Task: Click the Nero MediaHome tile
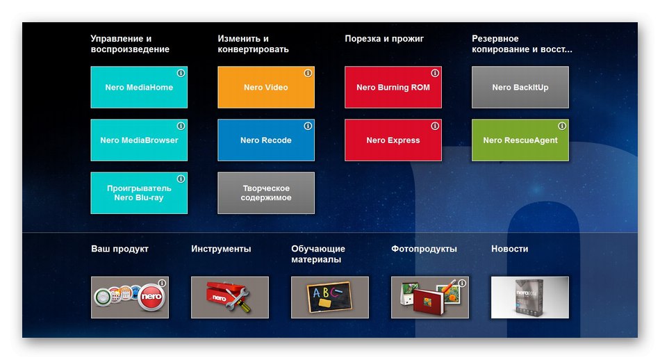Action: (x=139, y=87)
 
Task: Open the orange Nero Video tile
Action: (x=266, y=87)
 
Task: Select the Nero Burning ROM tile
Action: (x=393, y=87)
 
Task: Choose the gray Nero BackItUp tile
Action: (x=520, y=87)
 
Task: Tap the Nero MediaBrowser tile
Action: (x=139, y=140)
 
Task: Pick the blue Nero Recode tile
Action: (x=266, y=140)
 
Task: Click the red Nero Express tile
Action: (x=393, y=140)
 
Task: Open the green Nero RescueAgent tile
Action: (x=520, y=140)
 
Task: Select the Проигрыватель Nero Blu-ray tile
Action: (x=139, y=193)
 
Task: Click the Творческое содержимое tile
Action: (x=266, y=193)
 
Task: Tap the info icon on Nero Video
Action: (x=308, y=73)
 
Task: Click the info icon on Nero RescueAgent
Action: (x=562, y=126)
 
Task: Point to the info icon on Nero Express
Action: (x=435, y=126)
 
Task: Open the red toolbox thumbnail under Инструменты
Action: (x=230, y=297)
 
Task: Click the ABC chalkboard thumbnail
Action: (x=330, y=297)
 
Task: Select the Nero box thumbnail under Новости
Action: (x=530, y=297)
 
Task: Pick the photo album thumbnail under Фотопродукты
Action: (x=430, y=297)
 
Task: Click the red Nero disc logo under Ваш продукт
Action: (x=151, y=297)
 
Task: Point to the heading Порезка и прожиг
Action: (x=384, y=39)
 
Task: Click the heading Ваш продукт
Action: (x=120, y=249)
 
